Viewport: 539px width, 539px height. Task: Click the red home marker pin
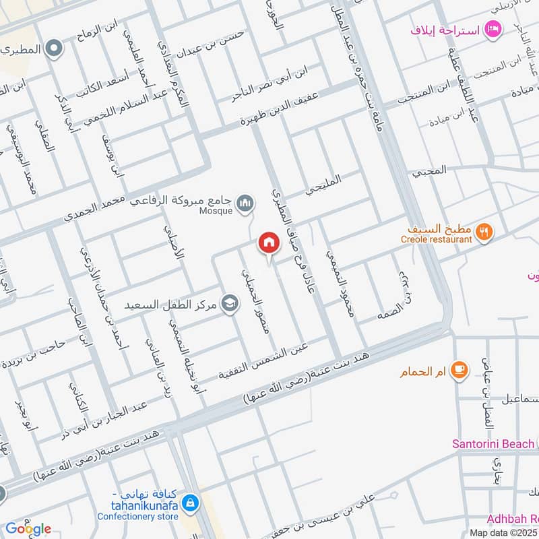click(269, 243)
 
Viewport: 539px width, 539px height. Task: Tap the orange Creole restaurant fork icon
click(484, 232)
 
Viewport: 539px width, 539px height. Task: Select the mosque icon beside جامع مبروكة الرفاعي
click(247, 202)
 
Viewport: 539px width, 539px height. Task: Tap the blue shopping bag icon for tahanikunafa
click(191, 502)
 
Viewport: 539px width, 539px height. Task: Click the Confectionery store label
click(137, 516)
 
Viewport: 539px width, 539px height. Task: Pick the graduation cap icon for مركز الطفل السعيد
click(230, 305)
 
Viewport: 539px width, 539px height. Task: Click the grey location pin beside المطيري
click(55, 49)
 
